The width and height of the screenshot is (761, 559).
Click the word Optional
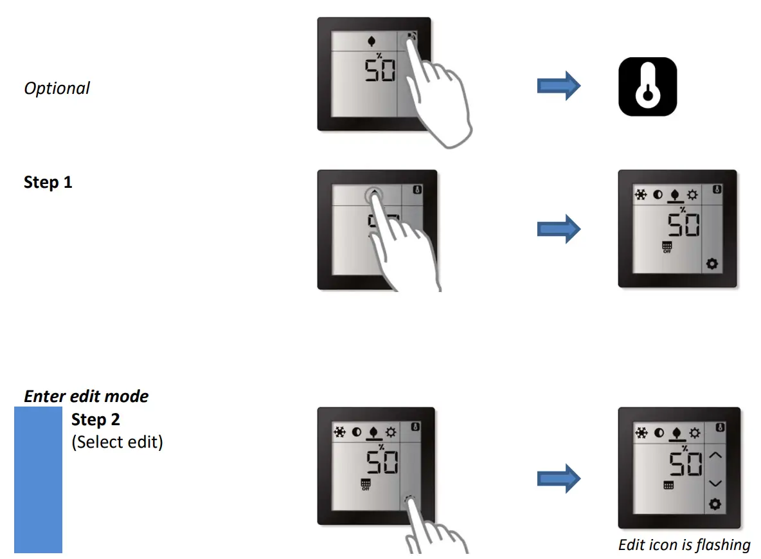[57, 88]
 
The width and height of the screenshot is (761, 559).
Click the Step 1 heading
[48, 183]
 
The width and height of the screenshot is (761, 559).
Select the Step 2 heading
[96, 420]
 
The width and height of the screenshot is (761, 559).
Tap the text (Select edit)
[117, 443]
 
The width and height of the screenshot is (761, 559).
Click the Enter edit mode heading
[86, 396]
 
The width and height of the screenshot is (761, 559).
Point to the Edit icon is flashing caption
[684, 545]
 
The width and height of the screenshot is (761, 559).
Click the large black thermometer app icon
[648, 87]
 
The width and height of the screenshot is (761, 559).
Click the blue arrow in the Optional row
[559, 87]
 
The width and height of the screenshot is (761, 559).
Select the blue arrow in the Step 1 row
[559, 229]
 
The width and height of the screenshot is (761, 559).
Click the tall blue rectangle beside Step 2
[38, 479]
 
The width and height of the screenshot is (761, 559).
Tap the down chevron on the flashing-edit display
[715, 482]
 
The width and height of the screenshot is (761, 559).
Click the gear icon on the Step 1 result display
[712, 264]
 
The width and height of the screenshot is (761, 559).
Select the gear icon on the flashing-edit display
[715, 505]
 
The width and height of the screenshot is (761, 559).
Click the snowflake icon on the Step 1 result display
[641, 195]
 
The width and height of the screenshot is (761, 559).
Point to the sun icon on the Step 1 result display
[692, 195]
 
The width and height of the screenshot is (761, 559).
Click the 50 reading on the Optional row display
[380, 70]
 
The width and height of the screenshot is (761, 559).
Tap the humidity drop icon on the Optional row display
[370, 42]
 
